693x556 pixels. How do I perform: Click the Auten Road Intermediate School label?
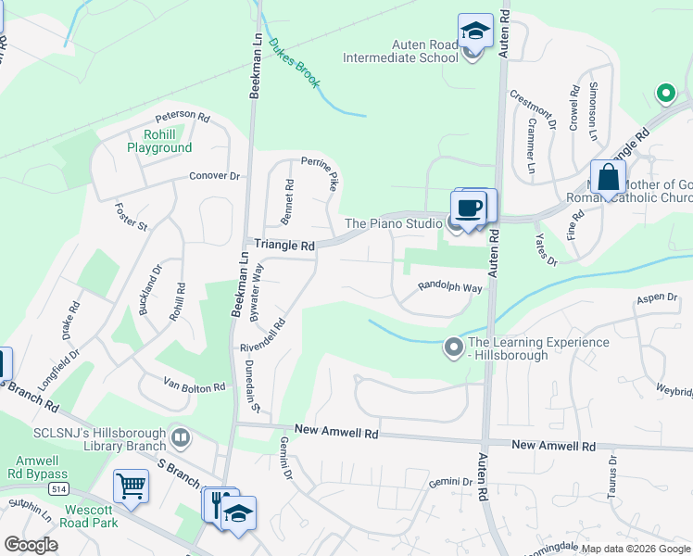tap(400, 50)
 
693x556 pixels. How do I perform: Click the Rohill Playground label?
tap(159, 140)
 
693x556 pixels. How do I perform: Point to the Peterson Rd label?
tap(183, 116)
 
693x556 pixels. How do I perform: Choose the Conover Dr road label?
tap(214, 175)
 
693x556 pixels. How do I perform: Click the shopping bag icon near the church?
tap(608, 178)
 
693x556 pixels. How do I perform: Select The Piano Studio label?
tap(393, 223)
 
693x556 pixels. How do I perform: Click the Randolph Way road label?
tap(449, 287)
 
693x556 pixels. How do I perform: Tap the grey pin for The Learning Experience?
tap(453, 347)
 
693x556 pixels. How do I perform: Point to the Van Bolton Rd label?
tap(195, 386)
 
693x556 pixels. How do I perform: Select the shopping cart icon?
tap(131, 486)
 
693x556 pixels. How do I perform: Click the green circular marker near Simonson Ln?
tap(664, 93)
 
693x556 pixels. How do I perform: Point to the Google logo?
tap(31, 545)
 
